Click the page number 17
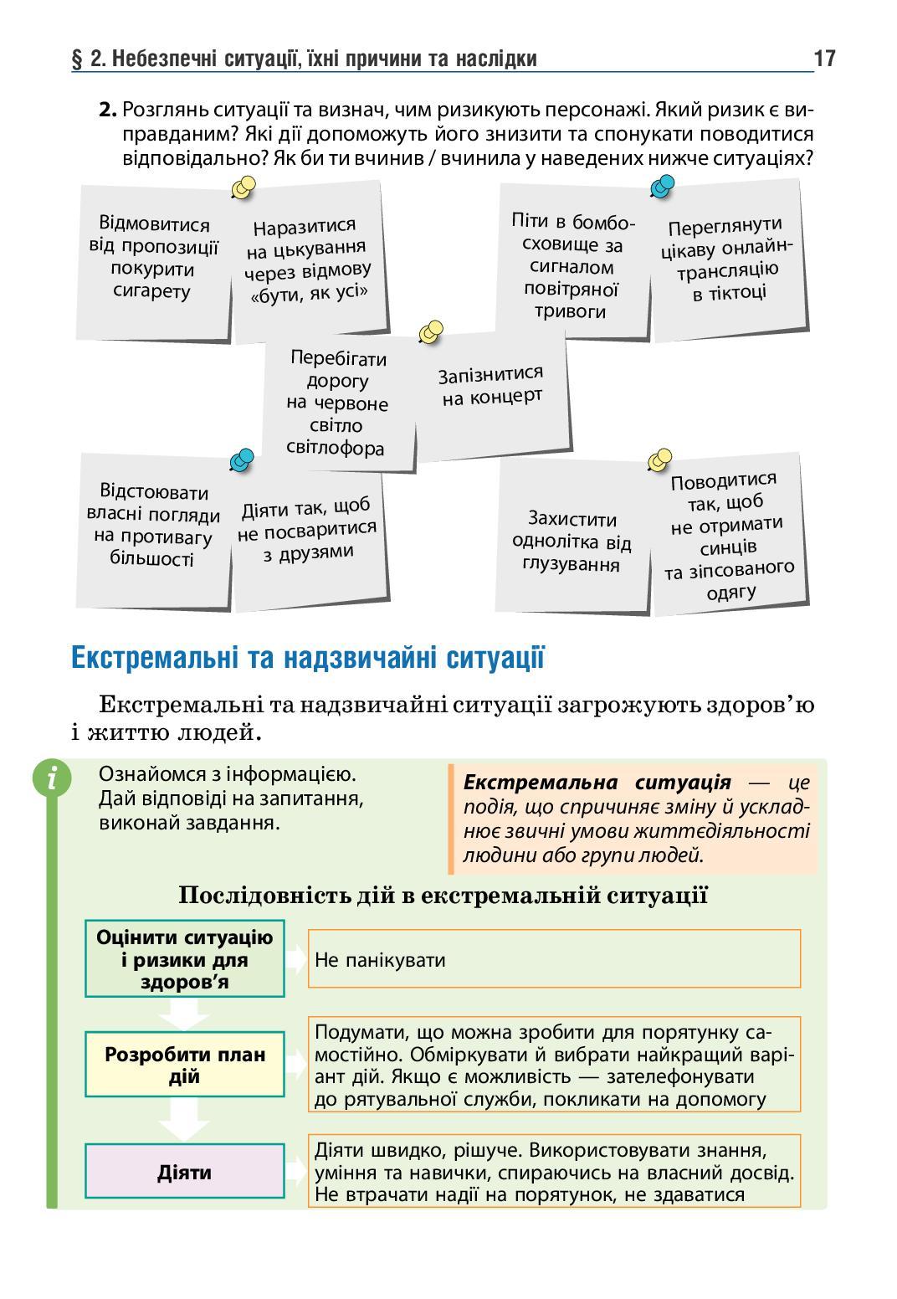click(x=823, y=59)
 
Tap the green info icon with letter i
click(x=52, y=778)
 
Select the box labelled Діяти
click(x=184, y=1172)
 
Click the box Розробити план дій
click(x=184, y=1064)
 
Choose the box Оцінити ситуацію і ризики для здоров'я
click(x=184, y=959)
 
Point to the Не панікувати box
click(x=553, y=959)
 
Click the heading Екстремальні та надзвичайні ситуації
click(x=308, y=658)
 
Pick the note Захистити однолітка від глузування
click(x=572, y=542)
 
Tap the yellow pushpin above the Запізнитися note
click(x=430, y=332)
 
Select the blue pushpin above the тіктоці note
click(x=662, y=185)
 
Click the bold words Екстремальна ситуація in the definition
click(x=597, y=783)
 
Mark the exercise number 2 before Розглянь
click(x=106, y=110)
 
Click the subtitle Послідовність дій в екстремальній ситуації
click(x=443, y=896)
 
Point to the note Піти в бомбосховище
click(x=573, y=266)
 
